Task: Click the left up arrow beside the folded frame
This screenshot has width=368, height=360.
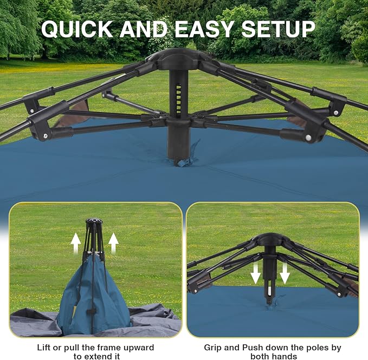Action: click(76, 243)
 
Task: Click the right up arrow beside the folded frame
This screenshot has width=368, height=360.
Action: click(113, 243)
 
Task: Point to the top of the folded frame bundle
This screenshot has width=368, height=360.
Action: click(94, 222)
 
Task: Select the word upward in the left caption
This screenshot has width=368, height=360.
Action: click(136, 348)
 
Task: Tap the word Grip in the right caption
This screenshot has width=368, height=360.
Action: click(213, 348)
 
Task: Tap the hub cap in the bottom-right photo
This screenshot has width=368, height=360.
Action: click(270, 239)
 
